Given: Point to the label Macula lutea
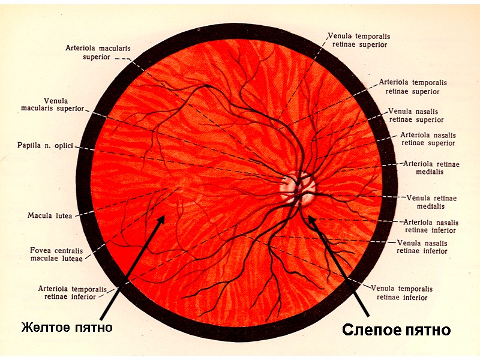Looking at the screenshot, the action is [50, 215].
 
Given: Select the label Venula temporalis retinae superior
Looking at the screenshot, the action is [358, 40].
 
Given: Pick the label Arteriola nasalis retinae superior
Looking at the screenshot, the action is [428, 139].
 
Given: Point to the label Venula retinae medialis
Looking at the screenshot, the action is [431, 202].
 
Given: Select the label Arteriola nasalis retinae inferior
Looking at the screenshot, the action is [430, 226].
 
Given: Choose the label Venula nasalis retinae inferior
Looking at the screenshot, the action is [422, 247].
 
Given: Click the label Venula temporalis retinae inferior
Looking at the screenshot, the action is [402, 293].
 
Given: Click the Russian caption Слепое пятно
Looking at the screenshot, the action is [396, 331].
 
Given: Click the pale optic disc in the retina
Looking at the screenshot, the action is [298, 187].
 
